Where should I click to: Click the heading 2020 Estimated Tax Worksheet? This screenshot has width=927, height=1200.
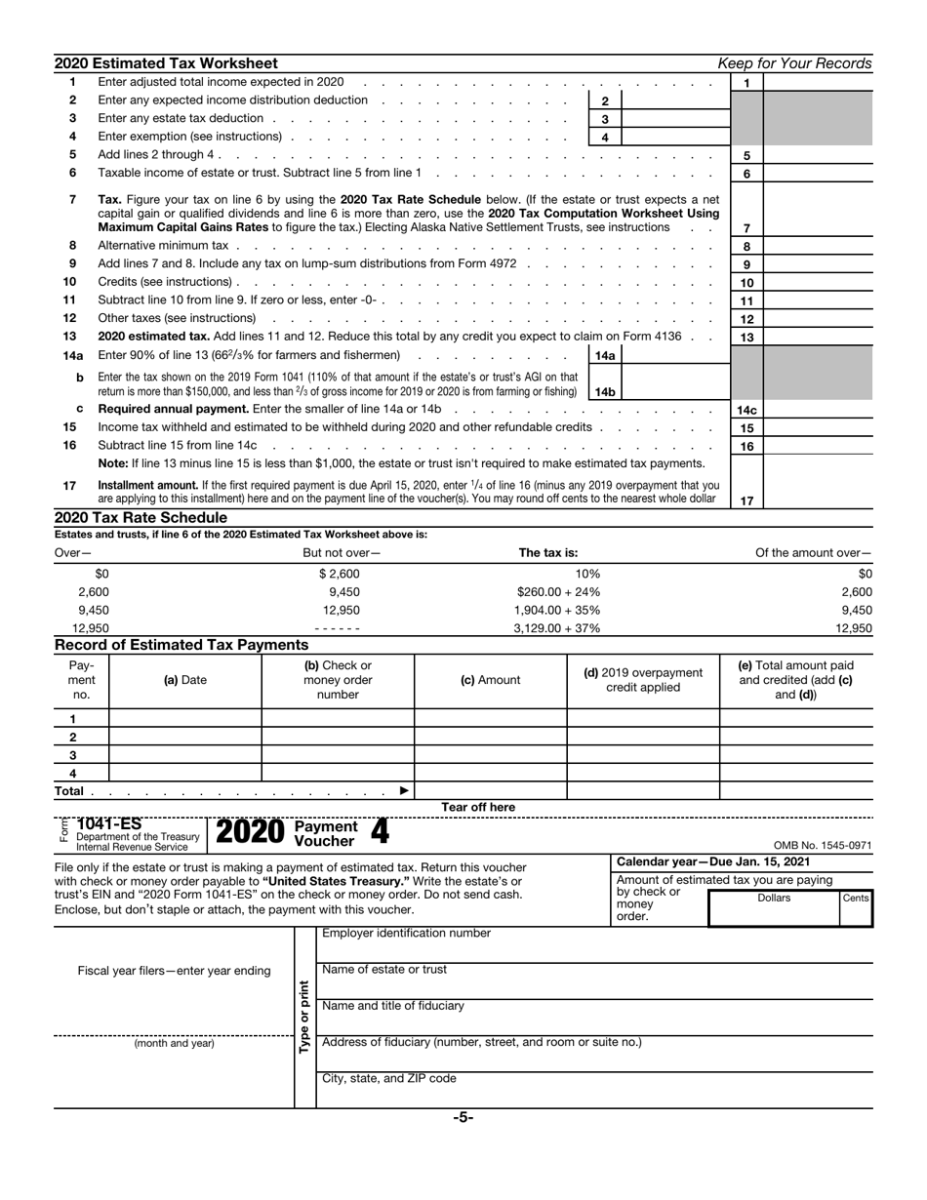click(x=166, y=63)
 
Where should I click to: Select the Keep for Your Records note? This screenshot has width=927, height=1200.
click(x=794, y=63)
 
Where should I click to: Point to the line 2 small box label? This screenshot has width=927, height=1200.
click(x=605, y=100)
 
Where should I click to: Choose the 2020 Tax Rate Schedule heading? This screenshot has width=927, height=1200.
click(x=141, y=517)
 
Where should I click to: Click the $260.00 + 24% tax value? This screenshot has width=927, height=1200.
click(x=558, y=591)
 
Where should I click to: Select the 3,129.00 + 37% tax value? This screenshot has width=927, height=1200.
click(x=556, y=628)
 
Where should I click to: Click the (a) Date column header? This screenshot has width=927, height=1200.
click(x=185, y=680)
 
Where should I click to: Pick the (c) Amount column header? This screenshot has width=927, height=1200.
click(x=490, y=680)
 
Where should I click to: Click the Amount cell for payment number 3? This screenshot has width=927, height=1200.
click(x=491, y=755)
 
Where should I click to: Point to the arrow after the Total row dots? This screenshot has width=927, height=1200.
click(x=405, y=790)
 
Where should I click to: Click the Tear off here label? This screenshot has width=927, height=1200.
click(x=478, y=807)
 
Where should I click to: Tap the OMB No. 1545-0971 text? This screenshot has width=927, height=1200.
click(x=822, y=846)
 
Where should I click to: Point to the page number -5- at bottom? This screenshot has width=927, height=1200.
click(x=463, y=1118)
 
